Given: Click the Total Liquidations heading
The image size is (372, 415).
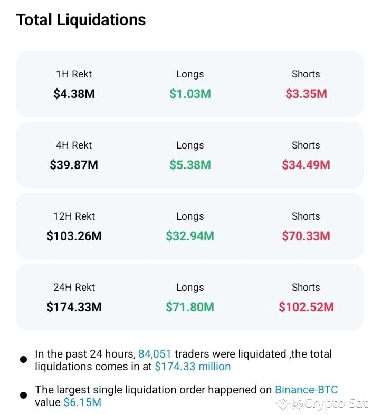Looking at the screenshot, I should [81, 20].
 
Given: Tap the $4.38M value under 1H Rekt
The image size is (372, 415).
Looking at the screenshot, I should [74, 94].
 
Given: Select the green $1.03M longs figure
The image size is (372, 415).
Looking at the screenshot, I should [190, 94].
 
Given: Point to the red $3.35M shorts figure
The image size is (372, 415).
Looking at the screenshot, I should [306, 94].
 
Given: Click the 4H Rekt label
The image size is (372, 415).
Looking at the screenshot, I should [74, 145].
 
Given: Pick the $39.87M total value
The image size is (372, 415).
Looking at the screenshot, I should [74, 165].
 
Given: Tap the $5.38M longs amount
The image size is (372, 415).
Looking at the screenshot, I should [190, 165].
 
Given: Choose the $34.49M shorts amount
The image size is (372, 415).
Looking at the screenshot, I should [306, 165].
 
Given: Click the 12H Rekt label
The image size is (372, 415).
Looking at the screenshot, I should [74, 216].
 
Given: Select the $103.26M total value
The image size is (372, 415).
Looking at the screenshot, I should [74, 236].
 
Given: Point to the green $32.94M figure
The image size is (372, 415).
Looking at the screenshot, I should [190, 236].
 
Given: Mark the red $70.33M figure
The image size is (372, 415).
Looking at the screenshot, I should [306, 236].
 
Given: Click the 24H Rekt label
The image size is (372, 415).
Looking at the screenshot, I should [74, 288].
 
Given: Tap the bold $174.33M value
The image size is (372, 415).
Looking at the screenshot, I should [74, 308].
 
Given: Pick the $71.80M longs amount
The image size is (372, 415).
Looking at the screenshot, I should [190, 308].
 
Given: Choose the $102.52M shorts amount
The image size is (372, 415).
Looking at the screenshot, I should [306, 308].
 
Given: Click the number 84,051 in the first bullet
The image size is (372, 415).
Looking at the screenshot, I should [155, 354].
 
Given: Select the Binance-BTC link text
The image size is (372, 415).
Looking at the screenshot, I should [306, 390].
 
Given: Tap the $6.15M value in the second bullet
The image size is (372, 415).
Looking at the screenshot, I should [82, 403].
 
